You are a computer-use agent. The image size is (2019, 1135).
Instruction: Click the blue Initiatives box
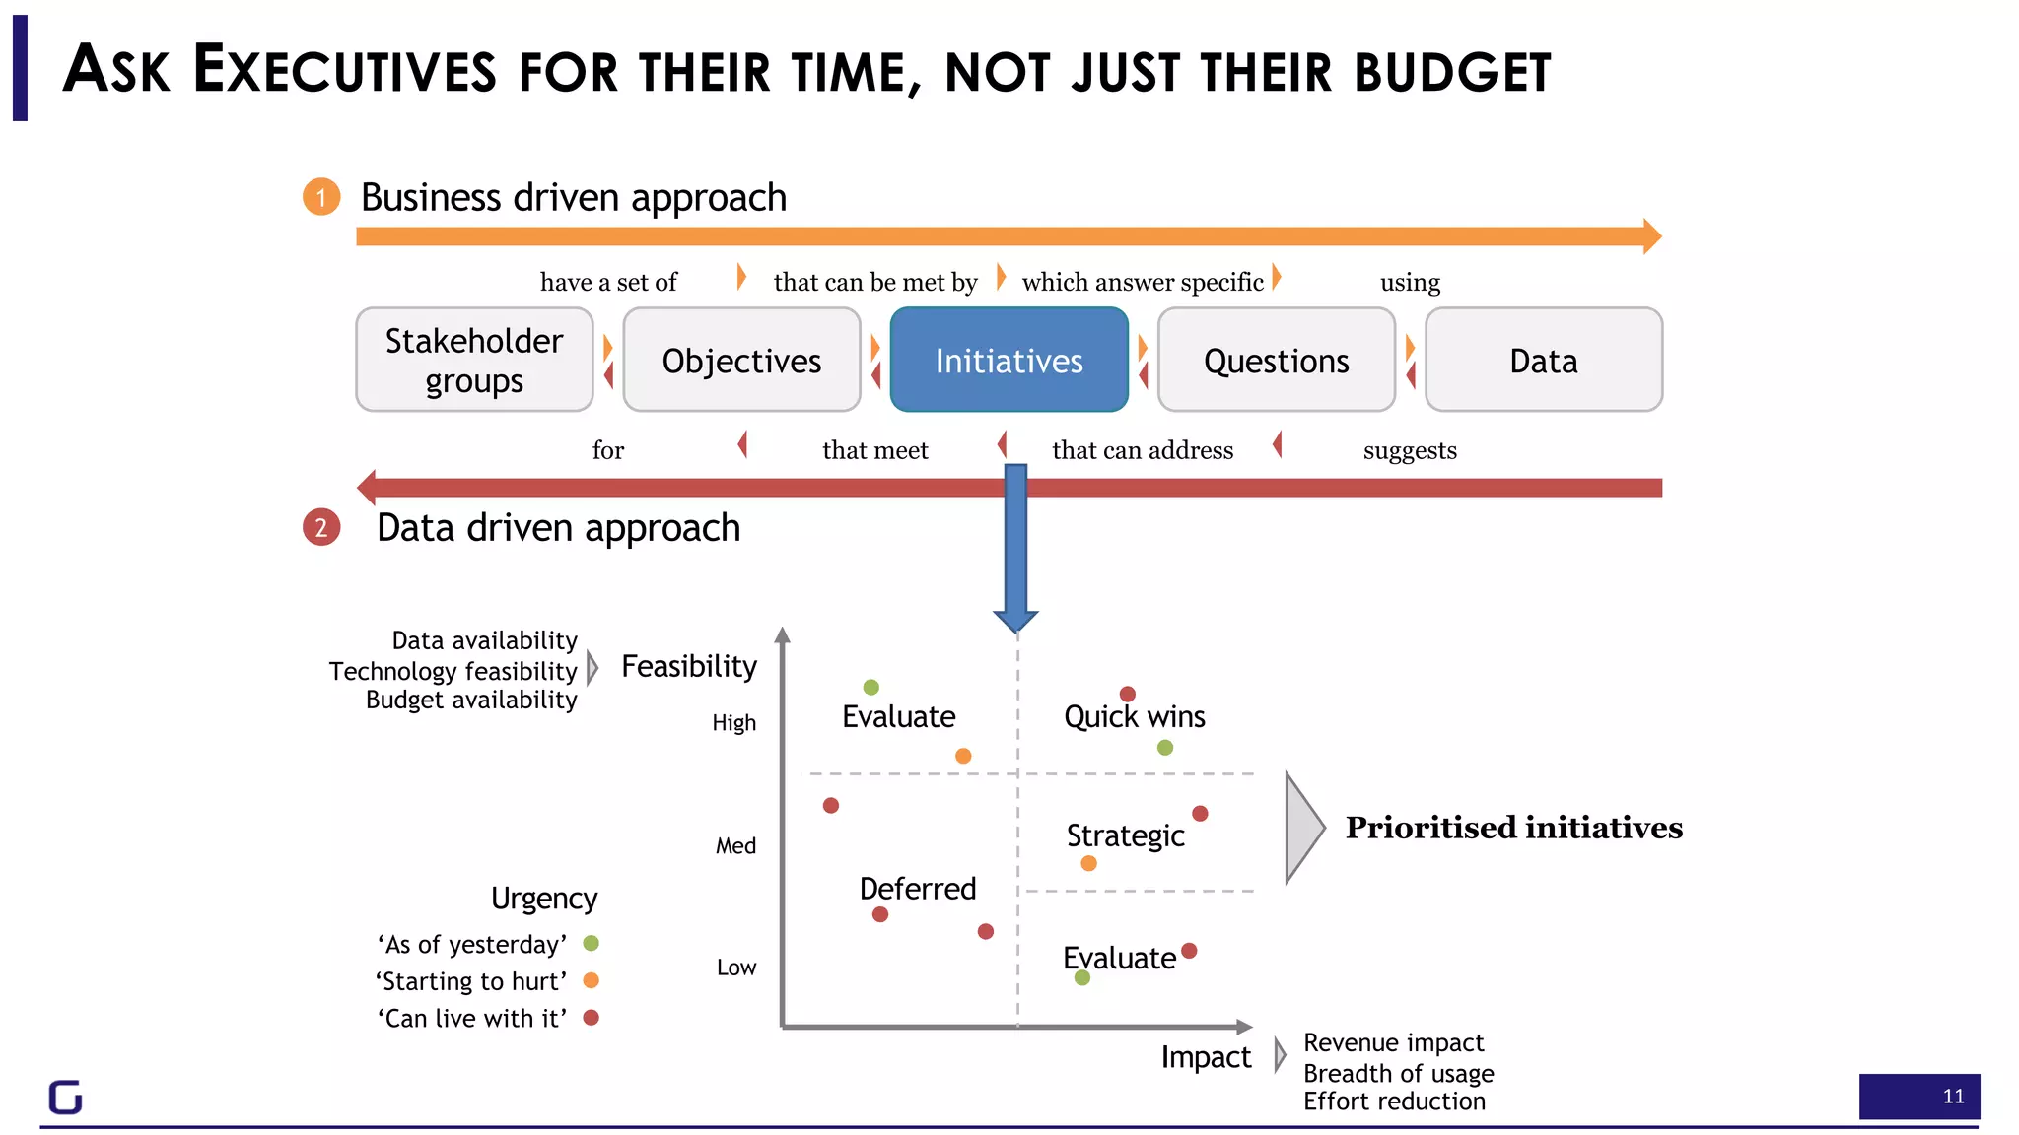1009,360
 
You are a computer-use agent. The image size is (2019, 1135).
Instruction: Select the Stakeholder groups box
474,360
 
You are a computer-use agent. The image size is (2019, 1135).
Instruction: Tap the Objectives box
741,360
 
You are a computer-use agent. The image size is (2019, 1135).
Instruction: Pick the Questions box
1276,360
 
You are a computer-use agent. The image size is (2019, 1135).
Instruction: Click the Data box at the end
1543,360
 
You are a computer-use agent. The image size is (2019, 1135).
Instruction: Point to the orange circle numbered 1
321,197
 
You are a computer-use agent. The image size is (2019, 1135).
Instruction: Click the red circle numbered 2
321,527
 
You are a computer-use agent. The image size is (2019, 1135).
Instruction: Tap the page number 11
1953,1097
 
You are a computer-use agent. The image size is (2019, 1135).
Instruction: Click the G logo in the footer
66,1097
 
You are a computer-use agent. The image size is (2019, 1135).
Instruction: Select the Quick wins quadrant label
1134,716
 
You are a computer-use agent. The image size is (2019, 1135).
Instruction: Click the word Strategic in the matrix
1125,835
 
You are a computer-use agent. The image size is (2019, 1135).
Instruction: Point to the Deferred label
917,889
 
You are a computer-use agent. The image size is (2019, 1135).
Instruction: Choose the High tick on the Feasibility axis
733,723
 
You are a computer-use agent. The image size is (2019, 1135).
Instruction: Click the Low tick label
735,968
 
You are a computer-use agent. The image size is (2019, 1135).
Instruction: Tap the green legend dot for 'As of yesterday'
592,943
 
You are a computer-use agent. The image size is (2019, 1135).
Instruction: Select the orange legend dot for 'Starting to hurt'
592,980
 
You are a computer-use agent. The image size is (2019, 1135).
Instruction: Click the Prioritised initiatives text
1513,828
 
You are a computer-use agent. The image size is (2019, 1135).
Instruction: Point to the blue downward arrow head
1015,619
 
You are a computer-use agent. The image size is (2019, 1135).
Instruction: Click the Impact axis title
1205,1057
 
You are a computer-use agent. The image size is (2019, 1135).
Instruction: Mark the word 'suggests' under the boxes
1410,450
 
